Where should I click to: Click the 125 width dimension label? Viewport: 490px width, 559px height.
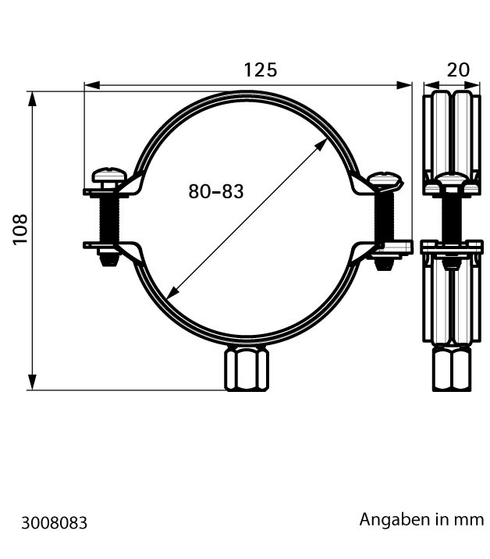[260, 70]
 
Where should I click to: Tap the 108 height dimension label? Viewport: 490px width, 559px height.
[20, 230]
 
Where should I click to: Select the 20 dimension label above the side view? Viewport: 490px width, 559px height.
[458, 70]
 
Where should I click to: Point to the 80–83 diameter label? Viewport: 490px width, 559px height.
[216, 191]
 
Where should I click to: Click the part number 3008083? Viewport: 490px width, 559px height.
[54, 523]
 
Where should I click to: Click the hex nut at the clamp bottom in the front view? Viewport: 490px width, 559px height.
[247, 369]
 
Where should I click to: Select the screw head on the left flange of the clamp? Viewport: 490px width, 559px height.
[109, 176]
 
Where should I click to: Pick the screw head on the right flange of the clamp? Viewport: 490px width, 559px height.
[385, 180]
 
